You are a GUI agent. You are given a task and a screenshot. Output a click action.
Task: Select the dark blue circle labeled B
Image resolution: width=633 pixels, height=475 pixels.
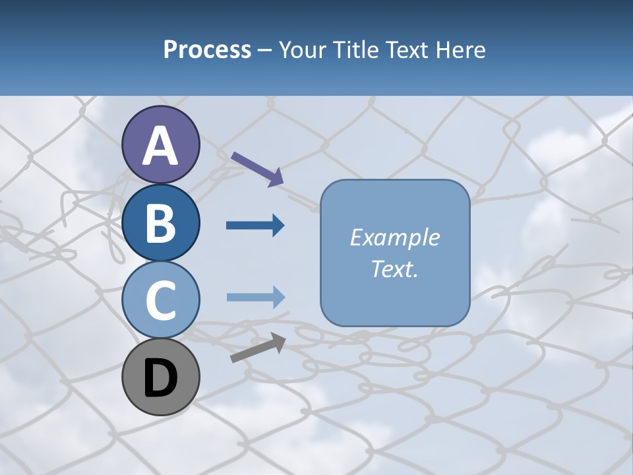pyautogui.click(x=160, y=222)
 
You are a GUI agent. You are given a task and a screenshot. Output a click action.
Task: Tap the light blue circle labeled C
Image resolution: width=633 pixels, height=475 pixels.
pyautogui.click(x=160, y=300)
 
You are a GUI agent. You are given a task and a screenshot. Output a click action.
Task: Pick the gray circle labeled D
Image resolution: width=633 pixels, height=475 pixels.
pyautogui.click(x=160, y=377)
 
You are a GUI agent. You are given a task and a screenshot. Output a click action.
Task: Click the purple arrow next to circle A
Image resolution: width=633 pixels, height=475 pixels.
pyautogui.click(x=257, y=169)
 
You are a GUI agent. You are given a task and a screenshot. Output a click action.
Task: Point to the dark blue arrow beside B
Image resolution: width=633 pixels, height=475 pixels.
pyautogui.click(x=255, y=226)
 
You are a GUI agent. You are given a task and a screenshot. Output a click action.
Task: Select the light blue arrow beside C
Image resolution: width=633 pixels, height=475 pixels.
pyautogui.click(x=255, y=297)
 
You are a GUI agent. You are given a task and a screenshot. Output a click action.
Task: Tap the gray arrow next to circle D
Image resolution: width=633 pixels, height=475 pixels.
pyautogui.click(x=258, y=348)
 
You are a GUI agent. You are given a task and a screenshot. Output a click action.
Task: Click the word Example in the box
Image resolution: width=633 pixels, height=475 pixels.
pyautogui.click(x=394, y=237)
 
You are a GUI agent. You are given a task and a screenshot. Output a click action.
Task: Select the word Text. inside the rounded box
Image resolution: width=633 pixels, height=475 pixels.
pyautogui.click(x=394, y=269)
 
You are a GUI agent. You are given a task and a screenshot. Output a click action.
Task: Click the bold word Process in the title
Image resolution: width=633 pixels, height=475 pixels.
pyautogui.click(x=207, y=49)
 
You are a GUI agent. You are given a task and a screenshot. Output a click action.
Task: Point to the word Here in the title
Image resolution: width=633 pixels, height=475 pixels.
pyautogui.click(x=459, y=49)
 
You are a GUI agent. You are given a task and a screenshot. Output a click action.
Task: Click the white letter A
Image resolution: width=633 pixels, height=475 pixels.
pyautogui.click(x=160, y=146)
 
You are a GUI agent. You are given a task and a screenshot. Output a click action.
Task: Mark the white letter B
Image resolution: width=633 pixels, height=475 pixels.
pyautogui.click(x=160, y=224)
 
